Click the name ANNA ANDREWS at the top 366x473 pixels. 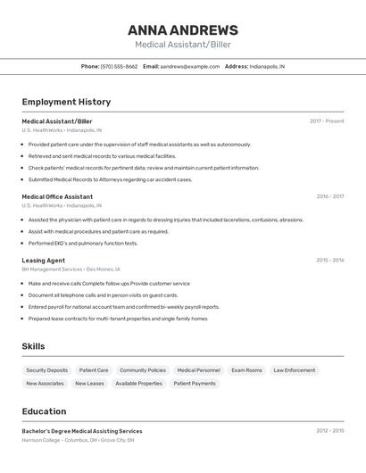pos(183,29)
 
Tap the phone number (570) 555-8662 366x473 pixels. pos(119,66)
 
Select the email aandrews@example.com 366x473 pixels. pos(190,66)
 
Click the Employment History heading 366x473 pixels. pos(66,102)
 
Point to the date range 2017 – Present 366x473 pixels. pos(327,121)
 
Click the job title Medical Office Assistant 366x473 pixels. pos(57,196)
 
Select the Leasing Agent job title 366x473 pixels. pos(44,261)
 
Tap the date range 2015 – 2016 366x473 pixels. pos(329,261)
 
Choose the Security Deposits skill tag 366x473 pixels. pos(46,370)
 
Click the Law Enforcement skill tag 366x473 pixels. pos(294,370)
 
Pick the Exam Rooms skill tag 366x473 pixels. pos(246,370)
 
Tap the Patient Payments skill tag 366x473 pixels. pos(195,384)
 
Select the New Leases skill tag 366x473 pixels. pos(89,384)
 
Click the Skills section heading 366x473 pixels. pos(33,346)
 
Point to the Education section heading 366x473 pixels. pos(44,411)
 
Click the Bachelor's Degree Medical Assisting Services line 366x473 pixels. pos(82,431)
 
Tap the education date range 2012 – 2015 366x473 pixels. pos(329,431)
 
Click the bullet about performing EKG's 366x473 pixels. pos(83,243)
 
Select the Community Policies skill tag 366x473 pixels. pos(143,370)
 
